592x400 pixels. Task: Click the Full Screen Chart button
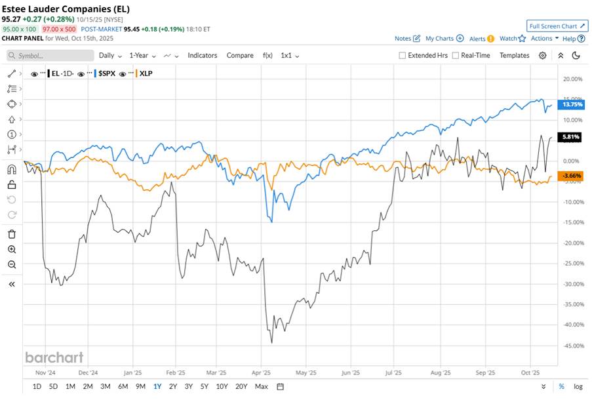pyautogui.click(x=557, y=26)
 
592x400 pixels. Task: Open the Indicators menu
pyautogui.click(x=202, y=56)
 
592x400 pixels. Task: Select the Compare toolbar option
pyautogui.click(x=240, y=56)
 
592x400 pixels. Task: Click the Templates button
pyautogui.click(x=514, y=56)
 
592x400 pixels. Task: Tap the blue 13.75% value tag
pyautogui.click(x=568, y=104)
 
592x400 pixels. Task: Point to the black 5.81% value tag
pyautogui.click(x=568, y=137)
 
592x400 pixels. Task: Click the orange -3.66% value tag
pyautogui.click(x=568, y=176)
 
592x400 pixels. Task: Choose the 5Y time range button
pyautogui.click(x=205, y=386)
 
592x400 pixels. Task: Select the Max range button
pyautogui.click(x=261, y=386)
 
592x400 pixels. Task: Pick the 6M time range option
pyautogui.click(x=123, y=386)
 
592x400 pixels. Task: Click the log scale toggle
pyautogui.click(x=578, y=386)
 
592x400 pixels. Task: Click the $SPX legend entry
pyautogui.click(x=106, y=74)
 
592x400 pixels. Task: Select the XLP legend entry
pyautogui.click(x=146, y=74)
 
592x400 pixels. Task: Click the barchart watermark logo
pyautogui.click(x=54, y=357)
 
